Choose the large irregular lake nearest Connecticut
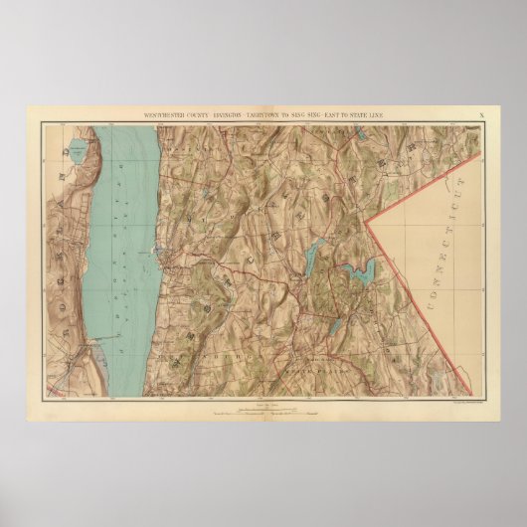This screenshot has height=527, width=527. pyautogui.click(x=357, y=269)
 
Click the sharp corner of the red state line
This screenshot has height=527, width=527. pyautogui.click(x=365, y=222)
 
